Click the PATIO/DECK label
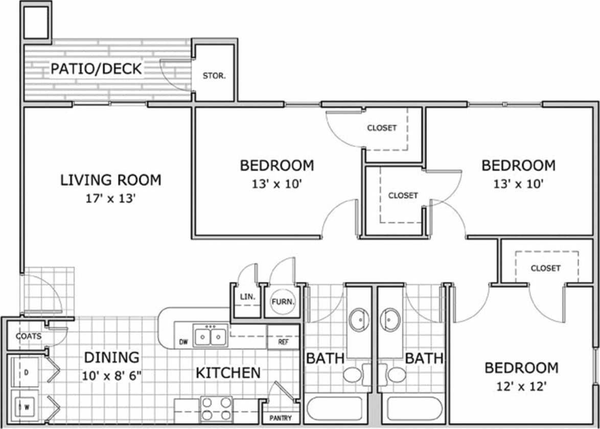(x=96, y=68)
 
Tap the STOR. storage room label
(x=214, y=76)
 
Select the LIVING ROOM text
(x=111, y=180)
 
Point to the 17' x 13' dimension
(x=110, y=198)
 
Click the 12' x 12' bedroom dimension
(x=521, y=387)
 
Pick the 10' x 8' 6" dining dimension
(x=111, y=376)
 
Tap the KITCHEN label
(x=228, y=373)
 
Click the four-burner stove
(x=216, y=409)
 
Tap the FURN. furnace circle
(x=283, y=302)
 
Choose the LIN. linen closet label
(x=244, y=296)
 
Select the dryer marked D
(x=26, y=372)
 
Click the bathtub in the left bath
(x=337, y=409)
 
